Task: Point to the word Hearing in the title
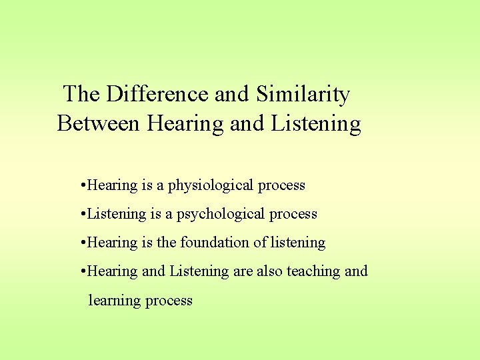tap(187, 123)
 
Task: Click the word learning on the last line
tap(115, 301)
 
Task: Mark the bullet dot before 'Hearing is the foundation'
tap(81, 243)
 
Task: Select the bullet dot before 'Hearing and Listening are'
tap(81, 271)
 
